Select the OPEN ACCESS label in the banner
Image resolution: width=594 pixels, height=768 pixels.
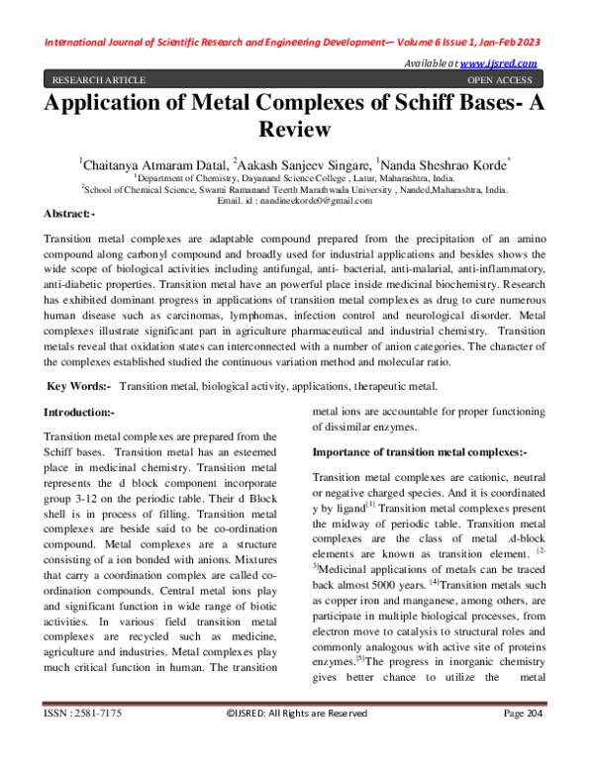(x=498, y=80)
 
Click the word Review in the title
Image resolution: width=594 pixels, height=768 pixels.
(x=296, y=130)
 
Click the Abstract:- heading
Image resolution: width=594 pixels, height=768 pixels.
(x=70, y=214)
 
